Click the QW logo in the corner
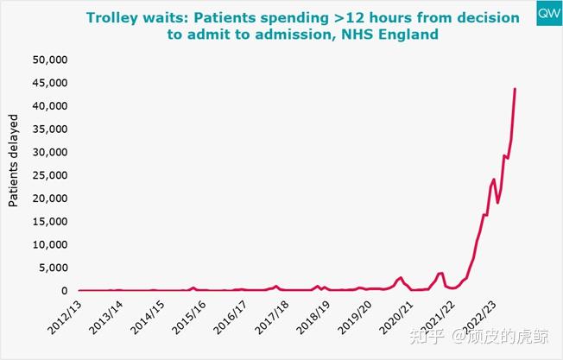coord(547,15)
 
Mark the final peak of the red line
coord(516,89)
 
